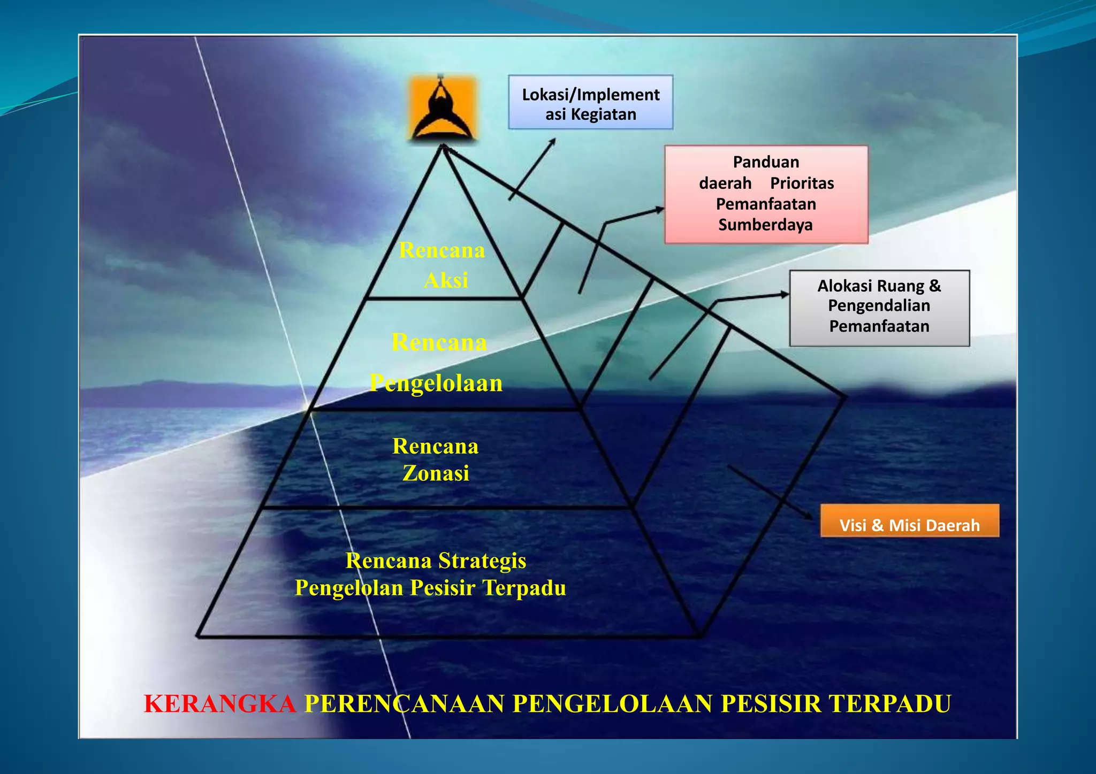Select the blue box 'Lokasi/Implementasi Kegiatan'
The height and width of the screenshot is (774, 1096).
pyautogui.click(x=590, y=102)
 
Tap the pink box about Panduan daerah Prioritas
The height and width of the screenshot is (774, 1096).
pyautogui.click(x=766, y=194)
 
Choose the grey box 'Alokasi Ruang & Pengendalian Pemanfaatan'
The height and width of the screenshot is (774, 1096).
pyautogui.click(x=879, y=308)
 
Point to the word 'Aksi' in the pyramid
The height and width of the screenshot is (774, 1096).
pyautogui.click(x=446, y=280)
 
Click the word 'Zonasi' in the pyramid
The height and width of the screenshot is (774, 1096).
pyautogui.click(x=436, y=473)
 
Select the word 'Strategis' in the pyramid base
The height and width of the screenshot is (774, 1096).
pyautogui.click(x=482, y=561)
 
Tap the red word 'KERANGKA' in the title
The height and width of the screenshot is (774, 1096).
pyautogui.click(x=220, y=704)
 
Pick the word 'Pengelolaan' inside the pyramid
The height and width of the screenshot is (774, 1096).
pyautogui.click(x=436, y=383)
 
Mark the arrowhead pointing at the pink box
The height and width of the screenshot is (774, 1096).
pyautogui.click(x=660, y=210)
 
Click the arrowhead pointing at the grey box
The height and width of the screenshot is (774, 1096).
pyautogui.click(x=785, y=294)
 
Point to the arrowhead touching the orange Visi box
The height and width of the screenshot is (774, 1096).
pyautogui.click(x=809, y=516)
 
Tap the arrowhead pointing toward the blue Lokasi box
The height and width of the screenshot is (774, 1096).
pyautogui.click(x=552, y=142)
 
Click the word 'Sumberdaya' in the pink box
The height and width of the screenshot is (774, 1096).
pyautogui.click(x=765, y=225)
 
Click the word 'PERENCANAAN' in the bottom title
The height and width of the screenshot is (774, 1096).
pyautogui.click(x=404, y=704)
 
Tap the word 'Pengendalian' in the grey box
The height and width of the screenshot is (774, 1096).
pyautogui.click(x=879, y=306)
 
